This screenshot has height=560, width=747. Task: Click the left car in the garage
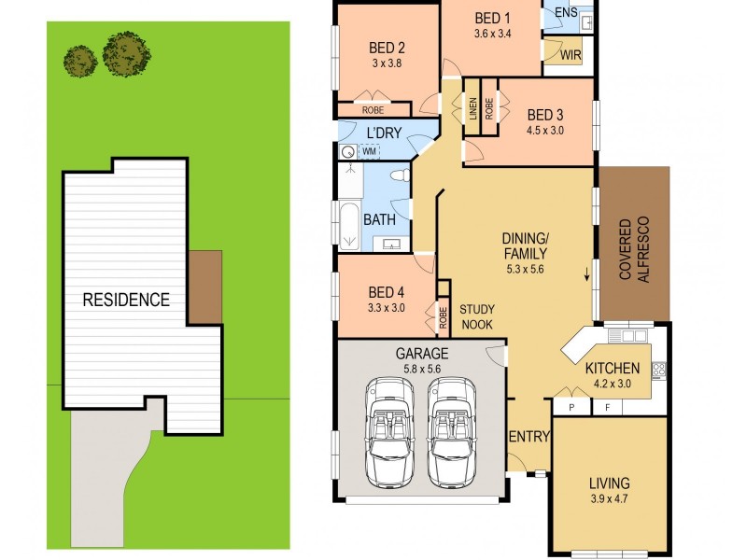[x=387, y=429]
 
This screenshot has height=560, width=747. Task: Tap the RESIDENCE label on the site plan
[x=126, y=300]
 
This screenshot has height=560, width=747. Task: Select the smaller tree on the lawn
[x=80, y=61]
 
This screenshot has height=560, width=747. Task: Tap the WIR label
[x=571, y=57]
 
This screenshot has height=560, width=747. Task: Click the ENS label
[x=566, y=12]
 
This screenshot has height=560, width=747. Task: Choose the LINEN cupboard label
[x=472, y=109]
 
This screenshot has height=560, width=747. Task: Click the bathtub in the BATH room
[x=349, y=225]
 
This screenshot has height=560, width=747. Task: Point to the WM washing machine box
[x=369, y=150]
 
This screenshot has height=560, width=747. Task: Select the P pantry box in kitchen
[x=570, y=406]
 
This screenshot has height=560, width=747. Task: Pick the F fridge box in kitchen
[x=607, y=406]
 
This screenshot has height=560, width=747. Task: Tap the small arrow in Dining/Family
[x=586, y=273]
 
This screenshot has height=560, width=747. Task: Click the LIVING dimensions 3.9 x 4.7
[x=609, y=500]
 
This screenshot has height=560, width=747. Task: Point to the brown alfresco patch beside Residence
[x=205, y=285]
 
